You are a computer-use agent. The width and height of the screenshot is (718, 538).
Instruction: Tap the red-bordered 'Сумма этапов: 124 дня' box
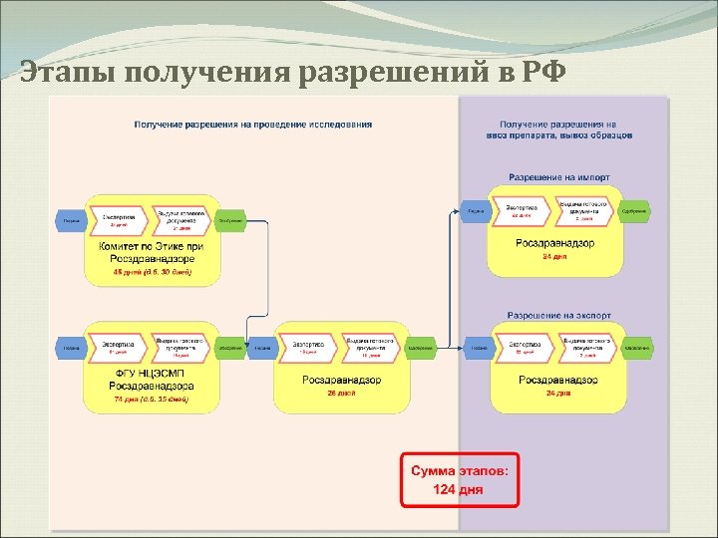click(x=461, y=478)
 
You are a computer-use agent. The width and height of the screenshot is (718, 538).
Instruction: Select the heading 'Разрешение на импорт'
click(x=559, y=177)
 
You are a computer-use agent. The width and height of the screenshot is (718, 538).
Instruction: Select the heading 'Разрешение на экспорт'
click(x=559, y=316)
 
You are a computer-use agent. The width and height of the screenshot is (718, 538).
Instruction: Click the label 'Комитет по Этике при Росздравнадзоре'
click(x=152, y=252)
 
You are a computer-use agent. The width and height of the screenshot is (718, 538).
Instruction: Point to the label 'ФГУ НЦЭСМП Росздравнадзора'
click(x=152, y=380)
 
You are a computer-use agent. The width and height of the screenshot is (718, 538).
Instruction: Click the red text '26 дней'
click(x=340, y=395)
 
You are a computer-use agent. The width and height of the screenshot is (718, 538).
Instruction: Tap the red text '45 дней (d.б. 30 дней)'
click(x=152, y=271)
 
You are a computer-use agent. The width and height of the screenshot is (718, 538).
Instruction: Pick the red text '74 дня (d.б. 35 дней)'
click(x=152, y=400)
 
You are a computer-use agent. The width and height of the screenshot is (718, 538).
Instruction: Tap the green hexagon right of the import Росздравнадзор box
click(x=634, y=210)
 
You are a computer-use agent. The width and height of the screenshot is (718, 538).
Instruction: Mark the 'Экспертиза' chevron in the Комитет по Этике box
click(x=120, y=218)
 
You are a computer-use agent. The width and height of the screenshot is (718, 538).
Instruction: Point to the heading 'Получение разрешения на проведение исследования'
click(x=253, y=125)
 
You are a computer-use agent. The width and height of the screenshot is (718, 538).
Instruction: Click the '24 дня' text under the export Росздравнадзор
click(x=557, y=395)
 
